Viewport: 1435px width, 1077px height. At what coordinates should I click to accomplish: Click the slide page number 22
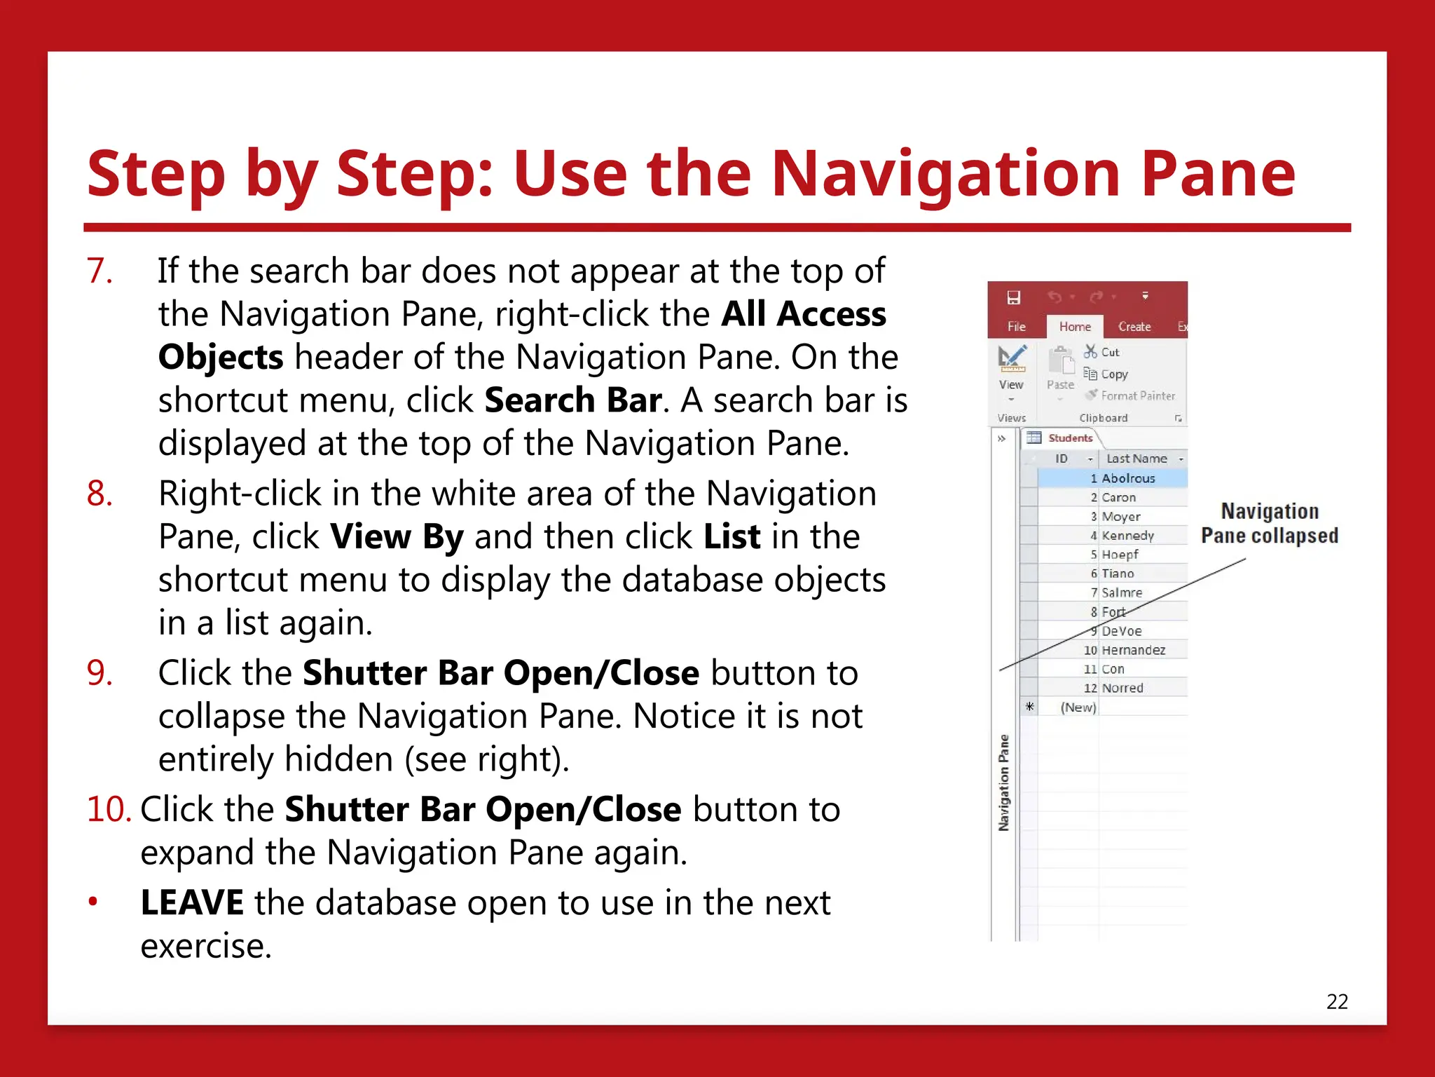(x=1336, y=1001)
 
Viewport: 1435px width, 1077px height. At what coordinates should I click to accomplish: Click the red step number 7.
(x=99, y=271)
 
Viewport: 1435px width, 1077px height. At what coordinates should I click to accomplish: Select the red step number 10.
(x=109, y=809)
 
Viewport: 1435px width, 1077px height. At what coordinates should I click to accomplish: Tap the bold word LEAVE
(x=191, y=902)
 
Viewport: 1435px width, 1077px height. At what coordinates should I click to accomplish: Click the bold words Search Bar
(x=572, y=400)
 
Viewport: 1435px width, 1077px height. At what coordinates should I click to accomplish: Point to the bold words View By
(x=397, y=537)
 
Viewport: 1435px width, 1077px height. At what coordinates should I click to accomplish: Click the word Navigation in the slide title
(x=946, y=173)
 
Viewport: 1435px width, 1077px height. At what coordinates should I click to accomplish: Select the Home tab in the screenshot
(x=1074, y=327)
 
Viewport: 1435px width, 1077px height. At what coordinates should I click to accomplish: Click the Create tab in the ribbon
(x=1134, y=327)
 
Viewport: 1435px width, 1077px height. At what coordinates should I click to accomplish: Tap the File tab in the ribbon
(x=1016, y=327)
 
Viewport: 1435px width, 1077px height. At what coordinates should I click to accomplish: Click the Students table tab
(x=1069, y=438)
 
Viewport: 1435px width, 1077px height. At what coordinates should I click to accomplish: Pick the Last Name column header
(x=1136, y=459)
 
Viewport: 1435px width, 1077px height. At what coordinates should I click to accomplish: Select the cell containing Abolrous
(x=1128, y=478)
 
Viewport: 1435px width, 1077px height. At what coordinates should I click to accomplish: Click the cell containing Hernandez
(x=1133, y=650)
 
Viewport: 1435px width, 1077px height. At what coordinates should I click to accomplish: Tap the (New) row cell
(x=1078, y=707)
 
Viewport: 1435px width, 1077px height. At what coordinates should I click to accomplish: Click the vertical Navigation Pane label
(x=1003, y=783)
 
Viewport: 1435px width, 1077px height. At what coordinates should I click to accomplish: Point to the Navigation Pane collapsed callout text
(x=1269, y=523)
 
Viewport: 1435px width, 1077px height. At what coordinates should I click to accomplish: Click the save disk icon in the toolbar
(x=1013, y=297)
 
